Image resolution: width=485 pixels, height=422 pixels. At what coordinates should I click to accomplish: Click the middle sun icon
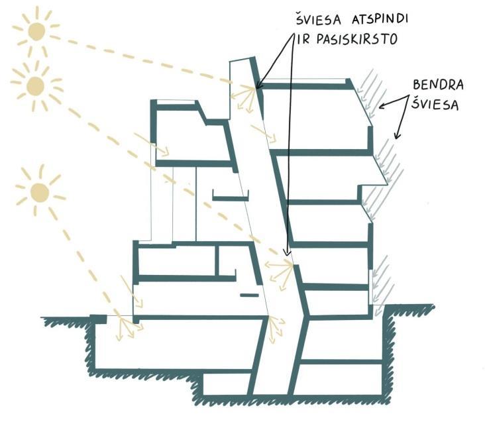pyautogui.click(x=35, y=85)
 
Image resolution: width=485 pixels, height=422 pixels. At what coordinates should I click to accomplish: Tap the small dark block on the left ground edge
pyautogui.click(x=97, y=319)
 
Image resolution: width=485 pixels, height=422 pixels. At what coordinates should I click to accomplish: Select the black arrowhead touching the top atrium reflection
pyautogui.click(x=258, y=85)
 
